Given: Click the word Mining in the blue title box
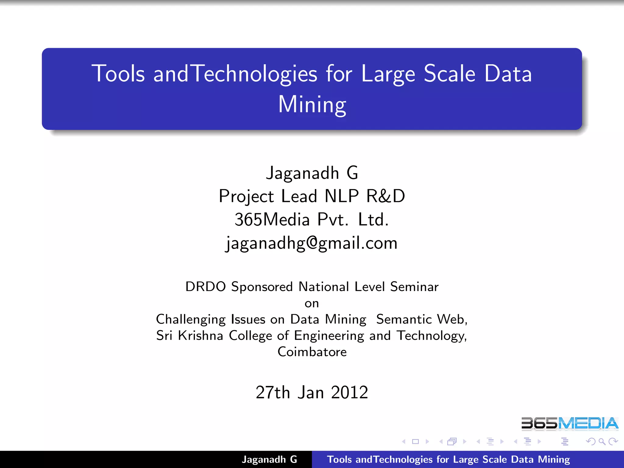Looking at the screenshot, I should [312, 105].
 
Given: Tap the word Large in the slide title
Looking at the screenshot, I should [388, 74].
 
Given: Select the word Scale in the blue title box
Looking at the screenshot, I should [449, 74].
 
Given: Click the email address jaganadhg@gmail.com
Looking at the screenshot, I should [312, 243].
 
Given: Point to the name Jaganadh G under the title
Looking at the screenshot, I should [312, 173].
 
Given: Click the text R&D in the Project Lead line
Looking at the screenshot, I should [385, 196].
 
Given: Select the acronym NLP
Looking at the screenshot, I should [342, 196].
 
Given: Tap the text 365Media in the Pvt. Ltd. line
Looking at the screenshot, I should [272, 219].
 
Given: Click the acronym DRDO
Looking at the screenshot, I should [206, 287].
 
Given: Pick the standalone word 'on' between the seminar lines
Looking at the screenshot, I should [312, 303].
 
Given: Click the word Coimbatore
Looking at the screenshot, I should [312, 352].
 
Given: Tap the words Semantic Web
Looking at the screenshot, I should [421, 319].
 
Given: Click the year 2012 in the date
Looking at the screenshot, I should [349, 392].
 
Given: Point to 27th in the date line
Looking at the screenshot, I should [273, 392].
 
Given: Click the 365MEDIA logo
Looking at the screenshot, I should [569, 424].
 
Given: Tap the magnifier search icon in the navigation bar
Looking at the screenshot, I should [602, 441].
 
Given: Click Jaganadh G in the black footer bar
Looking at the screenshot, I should [269, 459].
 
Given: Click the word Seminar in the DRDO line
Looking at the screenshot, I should [414, 287].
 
